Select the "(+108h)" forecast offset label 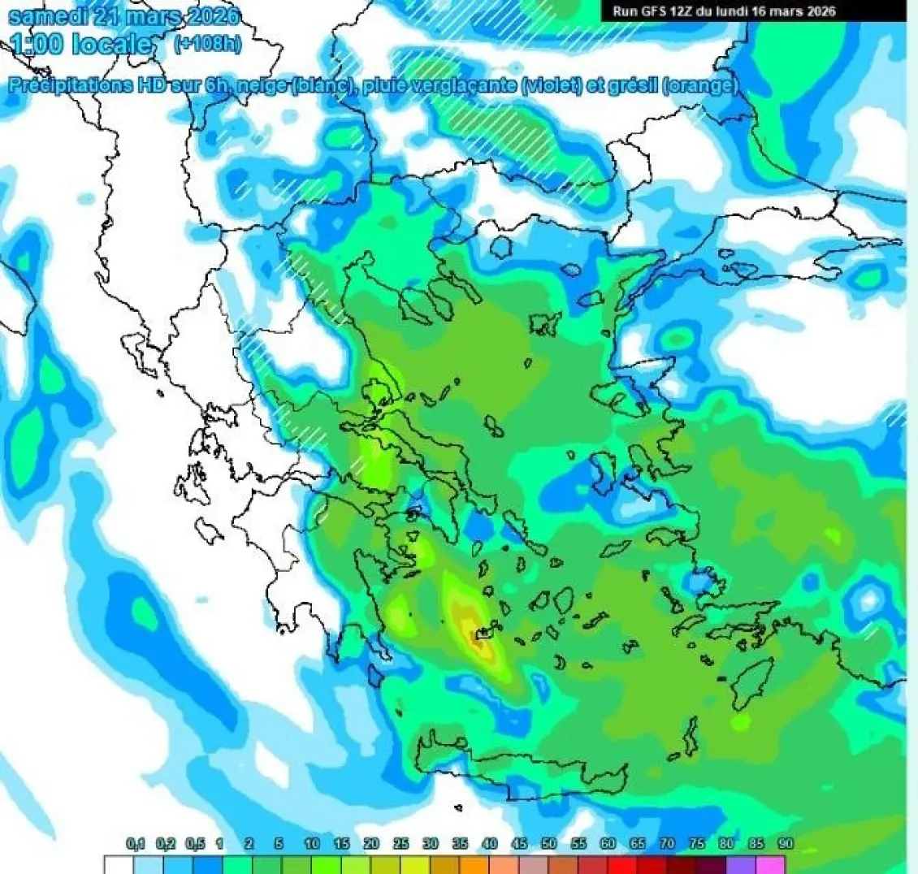point(207,44)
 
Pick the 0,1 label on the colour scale point(136,844)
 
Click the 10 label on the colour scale point(312,844)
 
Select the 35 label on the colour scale point(460,844)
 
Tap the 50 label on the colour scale point(548,844)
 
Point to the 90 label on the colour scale point(785,844)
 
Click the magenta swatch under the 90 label point(772,865)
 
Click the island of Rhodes point(751,682)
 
